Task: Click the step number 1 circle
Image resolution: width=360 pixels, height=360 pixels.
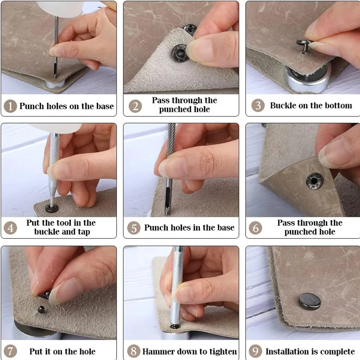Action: point(10,106)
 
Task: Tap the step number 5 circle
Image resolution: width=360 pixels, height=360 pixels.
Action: point(134,228)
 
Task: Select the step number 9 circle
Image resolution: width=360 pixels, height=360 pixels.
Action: point(255,351)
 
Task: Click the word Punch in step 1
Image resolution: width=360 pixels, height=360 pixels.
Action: point(31,106)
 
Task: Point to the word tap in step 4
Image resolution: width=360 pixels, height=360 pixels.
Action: point(84,232)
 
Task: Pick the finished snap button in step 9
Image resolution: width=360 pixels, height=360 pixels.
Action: point(310,301)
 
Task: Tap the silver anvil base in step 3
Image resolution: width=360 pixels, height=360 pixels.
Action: point(307,79)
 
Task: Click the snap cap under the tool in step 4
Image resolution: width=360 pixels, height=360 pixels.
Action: point(52,208)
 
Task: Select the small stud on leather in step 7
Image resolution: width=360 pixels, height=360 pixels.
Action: point(41,310)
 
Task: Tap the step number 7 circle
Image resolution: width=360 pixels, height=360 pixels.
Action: point(10,351)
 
